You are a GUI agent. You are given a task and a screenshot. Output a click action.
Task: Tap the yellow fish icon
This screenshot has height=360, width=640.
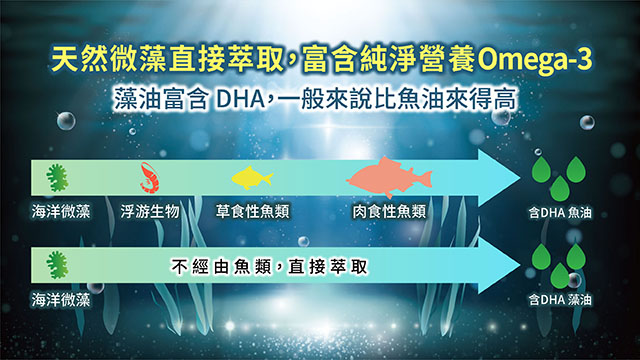point(252,179)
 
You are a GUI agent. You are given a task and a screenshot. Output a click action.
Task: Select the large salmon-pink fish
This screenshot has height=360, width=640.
point(389,177)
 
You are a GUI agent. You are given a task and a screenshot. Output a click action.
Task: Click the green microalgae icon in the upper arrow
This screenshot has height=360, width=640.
point(57,179)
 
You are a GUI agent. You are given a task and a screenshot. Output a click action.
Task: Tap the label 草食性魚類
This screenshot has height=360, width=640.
point(251,211)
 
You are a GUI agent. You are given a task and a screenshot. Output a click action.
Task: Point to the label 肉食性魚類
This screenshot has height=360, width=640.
point(389,211)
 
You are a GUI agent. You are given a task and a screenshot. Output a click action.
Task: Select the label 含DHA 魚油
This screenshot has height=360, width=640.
point(566,212)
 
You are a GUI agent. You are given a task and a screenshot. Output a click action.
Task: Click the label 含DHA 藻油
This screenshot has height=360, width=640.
point(566,299)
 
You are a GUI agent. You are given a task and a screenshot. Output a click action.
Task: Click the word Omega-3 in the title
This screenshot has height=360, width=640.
point(535,61)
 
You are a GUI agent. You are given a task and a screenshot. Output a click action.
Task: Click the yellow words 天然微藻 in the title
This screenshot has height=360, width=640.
point(97,61)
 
